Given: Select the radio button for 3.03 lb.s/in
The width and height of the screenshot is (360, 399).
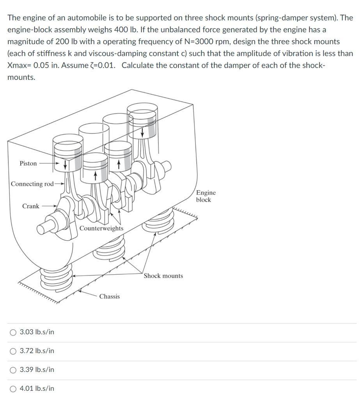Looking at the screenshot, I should [x=13, y=332].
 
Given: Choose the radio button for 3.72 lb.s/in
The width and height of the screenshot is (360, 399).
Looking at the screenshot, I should [x=13, y=351].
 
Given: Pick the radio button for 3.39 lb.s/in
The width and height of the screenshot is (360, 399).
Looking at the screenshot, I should [x=13, y=370].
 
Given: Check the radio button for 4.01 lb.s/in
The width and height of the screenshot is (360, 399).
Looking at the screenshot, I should [x=13, y=388].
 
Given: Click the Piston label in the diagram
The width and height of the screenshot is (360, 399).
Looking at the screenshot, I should [x=28, y=163].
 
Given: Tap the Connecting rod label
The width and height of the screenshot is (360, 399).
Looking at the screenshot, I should [x=32, y=184].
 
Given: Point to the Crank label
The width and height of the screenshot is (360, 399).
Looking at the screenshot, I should [x=30, y=206].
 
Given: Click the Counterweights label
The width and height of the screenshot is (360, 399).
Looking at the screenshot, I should [x=101, y=228].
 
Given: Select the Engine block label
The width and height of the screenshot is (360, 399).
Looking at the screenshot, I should [x=205, y=196].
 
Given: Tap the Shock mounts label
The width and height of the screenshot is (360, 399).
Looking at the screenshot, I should [x=163, y=276].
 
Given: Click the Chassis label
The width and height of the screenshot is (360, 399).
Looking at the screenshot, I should [x=110, y=297].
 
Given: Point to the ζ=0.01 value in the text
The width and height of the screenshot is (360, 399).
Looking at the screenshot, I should [x=103, y=65].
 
